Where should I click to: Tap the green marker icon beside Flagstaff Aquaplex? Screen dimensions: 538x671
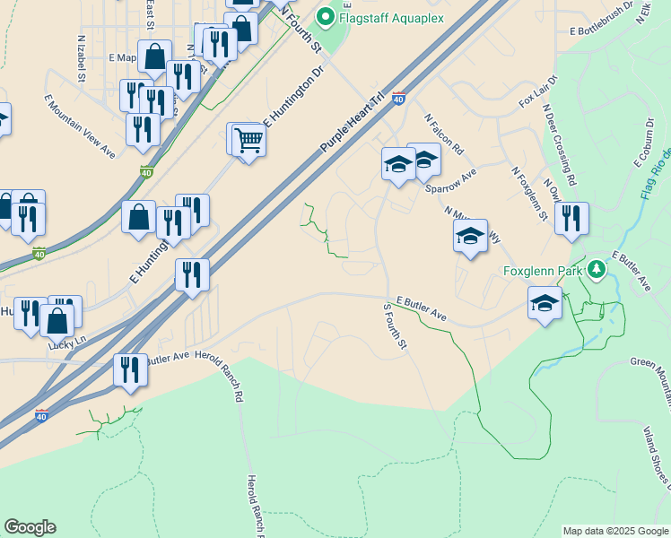tap(325, 15)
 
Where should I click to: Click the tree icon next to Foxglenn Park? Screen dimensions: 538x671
tap(595, 268)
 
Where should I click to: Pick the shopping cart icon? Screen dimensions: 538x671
tap(248, 140)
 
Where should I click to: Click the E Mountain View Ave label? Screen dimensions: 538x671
tap(81, 126)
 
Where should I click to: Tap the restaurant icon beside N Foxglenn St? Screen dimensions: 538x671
tap(571, 218)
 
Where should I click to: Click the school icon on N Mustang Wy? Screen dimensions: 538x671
tap(470, 236)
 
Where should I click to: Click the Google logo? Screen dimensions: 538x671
tap(30, 528)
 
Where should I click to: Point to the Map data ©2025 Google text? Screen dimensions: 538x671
tap(615, 531)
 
